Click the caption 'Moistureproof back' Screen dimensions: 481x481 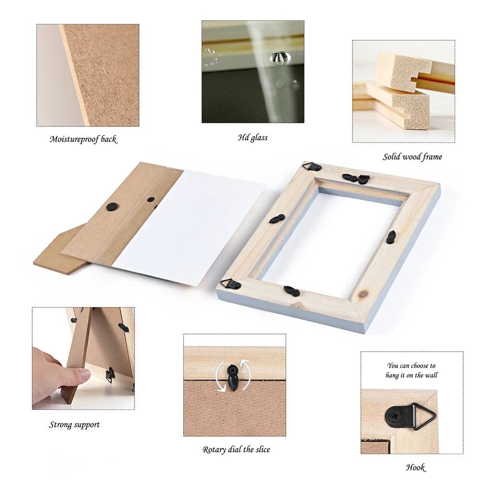[x=83, y=139]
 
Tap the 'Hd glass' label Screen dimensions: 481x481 [x=253, y=137]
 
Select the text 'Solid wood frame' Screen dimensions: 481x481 [x=412, y=157]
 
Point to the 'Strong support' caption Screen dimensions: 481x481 [x=74, y=425]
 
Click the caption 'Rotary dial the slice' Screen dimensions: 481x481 [x=236, y=450]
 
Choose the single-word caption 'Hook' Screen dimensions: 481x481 [x=415, y=467]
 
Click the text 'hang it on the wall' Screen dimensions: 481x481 [x=412, y=375]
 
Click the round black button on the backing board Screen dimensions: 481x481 [x=111, y=206]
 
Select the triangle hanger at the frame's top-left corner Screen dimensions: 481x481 [x=312, y=167]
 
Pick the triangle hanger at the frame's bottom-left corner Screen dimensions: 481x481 [x=231, y=284]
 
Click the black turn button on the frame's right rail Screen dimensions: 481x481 [x=391, y=237]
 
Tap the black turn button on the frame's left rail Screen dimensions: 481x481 [x=277, y=219]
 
